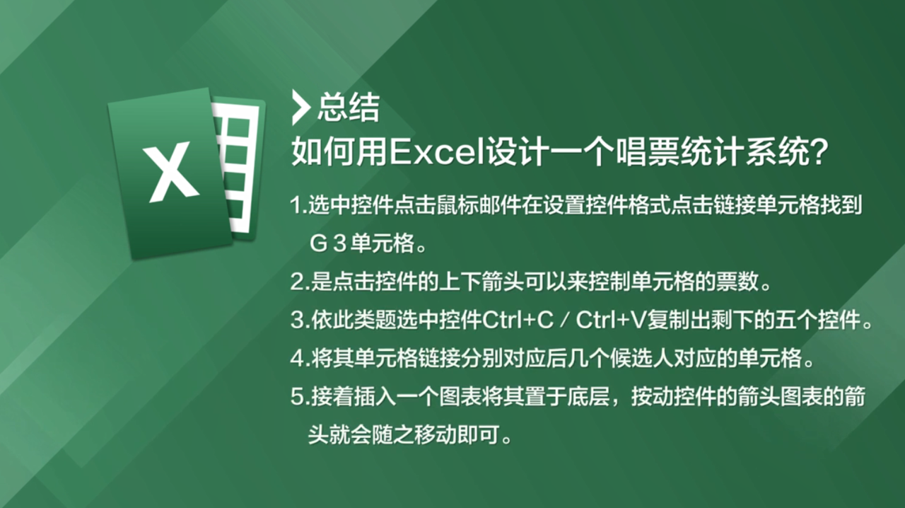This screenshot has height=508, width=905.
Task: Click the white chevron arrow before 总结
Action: (x=300, y=108)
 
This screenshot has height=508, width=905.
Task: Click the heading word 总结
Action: (x=349, y=108)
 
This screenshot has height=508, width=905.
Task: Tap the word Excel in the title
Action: (x=437, y=153)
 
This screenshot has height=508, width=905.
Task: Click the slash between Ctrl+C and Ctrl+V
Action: (x=565, y=321)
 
